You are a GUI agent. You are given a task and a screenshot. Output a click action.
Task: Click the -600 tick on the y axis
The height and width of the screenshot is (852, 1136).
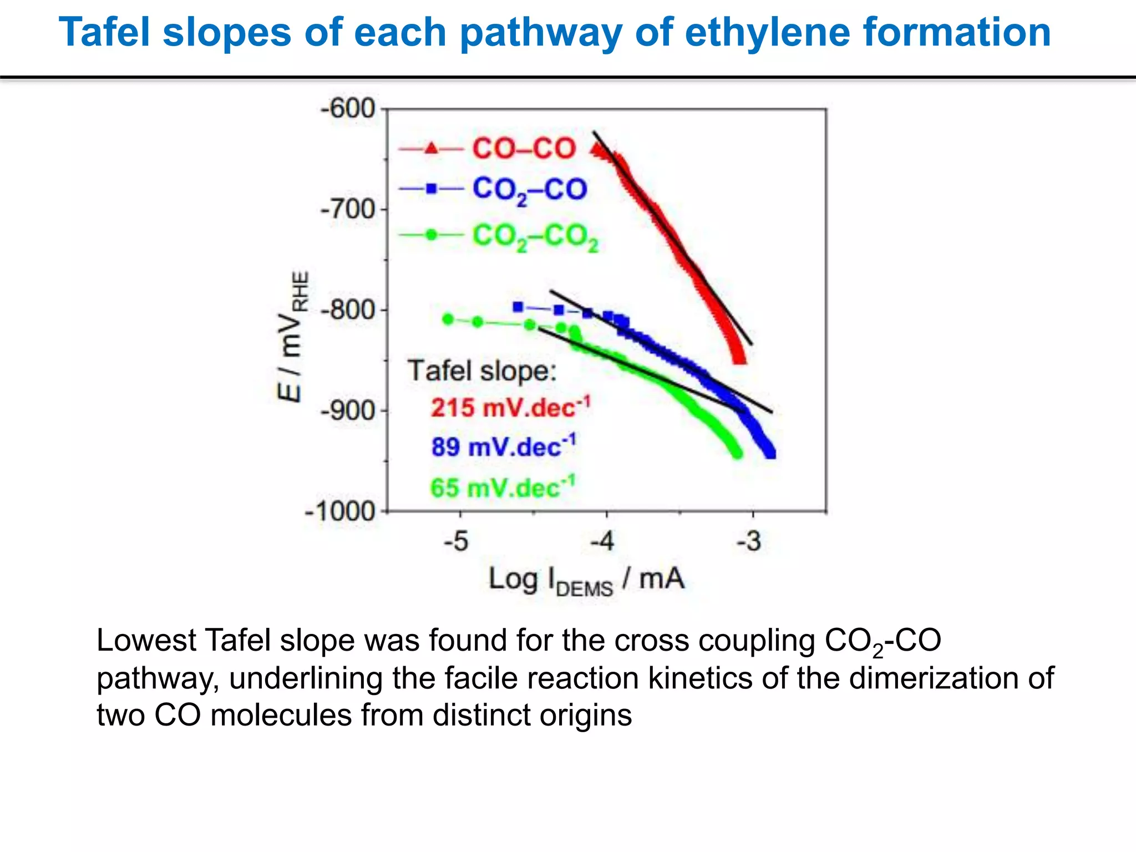(348, 109)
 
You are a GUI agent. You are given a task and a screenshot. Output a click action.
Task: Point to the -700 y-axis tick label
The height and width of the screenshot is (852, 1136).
(348, 210)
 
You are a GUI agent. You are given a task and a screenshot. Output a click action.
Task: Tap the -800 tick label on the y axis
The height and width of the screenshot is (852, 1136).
(348, 310)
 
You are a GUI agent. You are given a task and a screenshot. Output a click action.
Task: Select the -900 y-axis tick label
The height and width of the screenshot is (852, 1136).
(348, 411)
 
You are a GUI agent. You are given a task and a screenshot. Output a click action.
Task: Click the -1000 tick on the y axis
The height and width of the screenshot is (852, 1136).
(341, 511)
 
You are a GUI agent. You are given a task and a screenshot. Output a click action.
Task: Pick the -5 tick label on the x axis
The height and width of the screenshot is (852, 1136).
(457, 541)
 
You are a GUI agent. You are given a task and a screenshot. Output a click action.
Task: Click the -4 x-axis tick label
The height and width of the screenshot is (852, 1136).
(602, 541)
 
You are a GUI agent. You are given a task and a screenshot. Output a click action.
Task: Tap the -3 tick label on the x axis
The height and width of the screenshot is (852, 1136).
(749, 541)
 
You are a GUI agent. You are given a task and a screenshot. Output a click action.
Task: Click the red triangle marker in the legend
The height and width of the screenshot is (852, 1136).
(432, 149)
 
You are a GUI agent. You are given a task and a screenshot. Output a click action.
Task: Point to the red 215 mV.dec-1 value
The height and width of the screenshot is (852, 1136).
(511, 408)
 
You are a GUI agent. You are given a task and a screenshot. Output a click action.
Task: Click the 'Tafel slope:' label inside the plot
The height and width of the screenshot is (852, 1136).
(481, 371)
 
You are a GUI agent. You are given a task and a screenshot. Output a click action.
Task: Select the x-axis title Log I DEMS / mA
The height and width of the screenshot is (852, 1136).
(586, 580)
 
